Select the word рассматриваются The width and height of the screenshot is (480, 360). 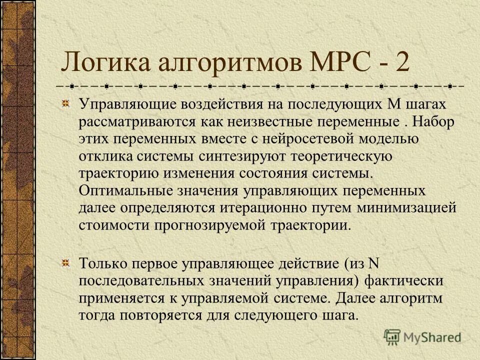(x=134, y=121)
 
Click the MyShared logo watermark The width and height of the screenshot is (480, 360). (x=422, y=336)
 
